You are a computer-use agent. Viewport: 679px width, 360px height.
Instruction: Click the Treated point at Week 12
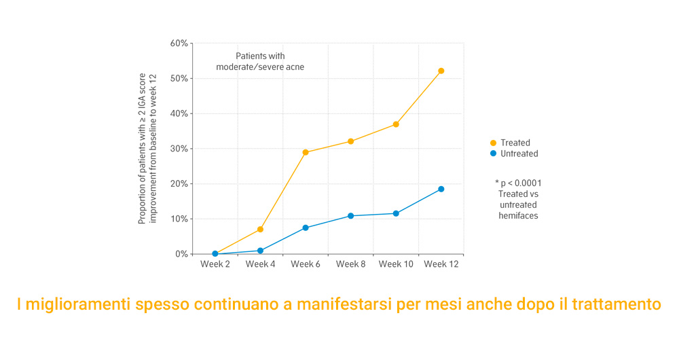click(441, 71)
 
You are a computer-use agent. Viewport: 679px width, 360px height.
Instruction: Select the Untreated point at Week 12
click(441, 189)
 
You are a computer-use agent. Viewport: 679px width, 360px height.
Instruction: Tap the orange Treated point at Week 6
click(306, 152)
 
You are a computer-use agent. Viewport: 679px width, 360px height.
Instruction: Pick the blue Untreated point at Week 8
click(350, 216)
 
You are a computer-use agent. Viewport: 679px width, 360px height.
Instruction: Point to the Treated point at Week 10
click(396, 124)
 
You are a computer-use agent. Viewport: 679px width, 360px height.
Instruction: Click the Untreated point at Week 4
click(260, 251)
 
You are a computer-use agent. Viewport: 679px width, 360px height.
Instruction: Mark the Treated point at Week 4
click(260, 230)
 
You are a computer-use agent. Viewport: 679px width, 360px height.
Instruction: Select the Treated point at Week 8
click(350, 141)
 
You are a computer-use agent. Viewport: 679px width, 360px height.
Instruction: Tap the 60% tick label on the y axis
click(179, 43)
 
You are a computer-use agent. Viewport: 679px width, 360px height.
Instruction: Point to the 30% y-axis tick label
click(179, 149)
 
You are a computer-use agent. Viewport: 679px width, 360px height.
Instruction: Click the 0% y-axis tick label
click(181, 254)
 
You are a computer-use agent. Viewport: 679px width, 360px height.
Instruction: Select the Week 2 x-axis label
click(215, 264)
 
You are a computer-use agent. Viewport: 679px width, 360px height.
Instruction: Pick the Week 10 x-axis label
click(396, 264)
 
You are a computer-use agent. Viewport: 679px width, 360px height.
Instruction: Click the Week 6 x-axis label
click(306, 264)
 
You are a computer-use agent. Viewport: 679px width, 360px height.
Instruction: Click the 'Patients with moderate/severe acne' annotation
click(260, 61)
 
